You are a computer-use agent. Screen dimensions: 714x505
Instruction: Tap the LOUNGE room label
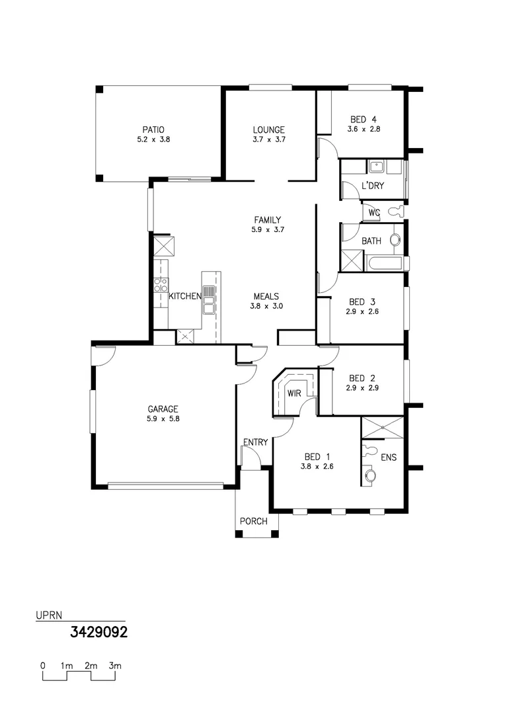pyautogui.click(x=268, y=130)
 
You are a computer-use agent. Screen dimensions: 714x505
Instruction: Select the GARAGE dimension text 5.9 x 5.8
pyautogui.click(x=163, y=419)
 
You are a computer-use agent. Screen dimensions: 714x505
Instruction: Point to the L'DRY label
pyautogui.click(x=373, y=186)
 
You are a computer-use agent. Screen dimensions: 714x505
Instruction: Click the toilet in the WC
pyautogui.click(x=396, y=212)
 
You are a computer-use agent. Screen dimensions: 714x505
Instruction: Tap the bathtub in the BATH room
pyautogui.click(x=386, y=264)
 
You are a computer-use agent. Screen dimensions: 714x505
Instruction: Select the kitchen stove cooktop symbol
pyautogui.click(x=161, y=285)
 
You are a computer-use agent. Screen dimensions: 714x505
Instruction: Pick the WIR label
pyautogui.click(x=293, y=393)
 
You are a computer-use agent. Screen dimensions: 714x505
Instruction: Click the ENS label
pyautogui.click(x=389, y=457)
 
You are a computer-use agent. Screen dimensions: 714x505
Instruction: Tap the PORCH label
pyautogui.click(x=254, y=522)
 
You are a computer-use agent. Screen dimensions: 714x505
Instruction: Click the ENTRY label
pyautogui.click(x=255, y=442)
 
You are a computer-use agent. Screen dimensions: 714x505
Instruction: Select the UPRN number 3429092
pyautogui.click(x=98, y=633)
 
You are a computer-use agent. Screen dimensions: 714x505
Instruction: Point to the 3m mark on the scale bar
pyautogui.click(x=115, y=666)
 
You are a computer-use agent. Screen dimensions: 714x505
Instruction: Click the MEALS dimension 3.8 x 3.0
pyautogui.click(x=266, y=307)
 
